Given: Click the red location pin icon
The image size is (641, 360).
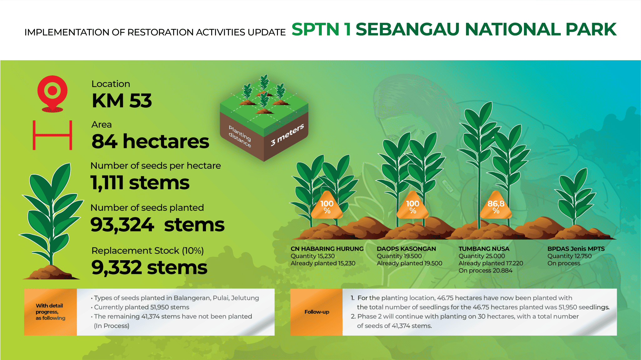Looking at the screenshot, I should (52, 92).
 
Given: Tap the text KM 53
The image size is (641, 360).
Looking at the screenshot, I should (121, 101).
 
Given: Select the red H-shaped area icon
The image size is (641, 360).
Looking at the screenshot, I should (53, 135).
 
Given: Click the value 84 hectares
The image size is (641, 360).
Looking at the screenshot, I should (150, 141).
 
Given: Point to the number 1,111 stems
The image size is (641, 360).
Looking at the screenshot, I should (140, 183).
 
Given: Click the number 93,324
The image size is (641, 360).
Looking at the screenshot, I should (122, 225).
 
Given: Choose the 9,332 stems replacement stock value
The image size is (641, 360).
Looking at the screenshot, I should (149, 267).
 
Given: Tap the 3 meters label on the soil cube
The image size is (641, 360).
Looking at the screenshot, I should (287, 135).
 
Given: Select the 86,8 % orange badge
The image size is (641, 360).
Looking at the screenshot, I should (496, 207).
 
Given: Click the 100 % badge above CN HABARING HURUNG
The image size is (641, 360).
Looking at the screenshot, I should (327, 207).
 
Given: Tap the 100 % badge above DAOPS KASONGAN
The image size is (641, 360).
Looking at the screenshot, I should (413, 207).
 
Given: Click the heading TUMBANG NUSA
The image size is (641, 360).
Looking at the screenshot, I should (484, 249).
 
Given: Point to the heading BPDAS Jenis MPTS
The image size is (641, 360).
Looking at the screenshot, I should (576, 249).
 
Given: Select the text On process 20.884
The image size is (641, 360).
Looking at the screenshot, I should (485, 271).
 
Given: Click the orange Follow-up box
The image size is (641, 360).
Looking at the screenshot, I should (316, 312).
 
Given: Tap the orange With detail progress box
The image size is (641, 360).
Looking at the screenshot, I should (50, 312).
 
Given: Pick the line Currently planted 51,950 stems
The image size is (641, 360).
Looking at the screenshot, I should (141, 307).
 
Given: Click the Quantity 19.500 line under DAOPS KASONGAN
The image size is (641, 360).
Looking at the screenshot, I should (399, 256).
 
